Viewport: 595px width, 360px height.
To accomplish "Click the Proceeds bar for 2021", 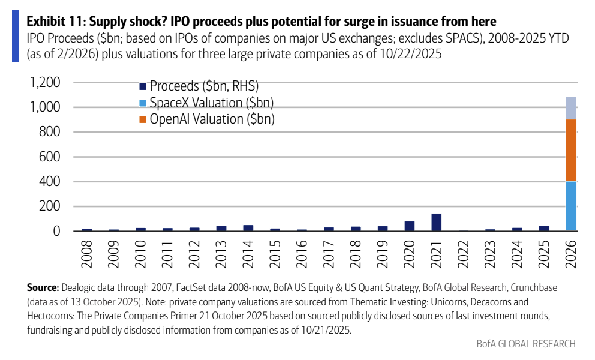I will pyautogui.click(x=436, y=223).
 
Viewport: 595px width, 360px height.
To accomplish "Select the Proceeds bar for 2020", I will pyautogui.click(x=409, y=226).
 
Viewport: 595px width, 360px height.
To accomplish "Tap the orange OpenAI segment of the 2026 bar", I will pyautogui.click(x=570, y=150).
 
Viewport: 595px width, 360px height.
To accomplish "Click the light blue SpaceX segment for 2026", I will pyautogui.click(x=570, y=206).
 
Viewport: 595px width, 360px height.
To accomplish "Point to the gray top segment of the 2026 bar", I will pyautogui.click(x=570, y=108).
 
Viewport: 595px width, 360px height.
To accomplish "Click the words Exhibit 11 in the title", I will pyautogui.click(x=53, y=22).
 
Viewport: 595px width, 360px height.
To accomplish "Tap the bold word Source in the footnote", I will pyautogui.click(x=42, y=287).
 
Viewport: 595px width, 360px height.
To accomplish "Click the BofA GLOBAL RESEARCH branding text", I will pyautogui.click(x=525, y=344).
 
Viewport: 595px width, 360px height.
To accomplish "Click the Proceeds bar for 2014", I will pyautogui.click(x=248, y=228).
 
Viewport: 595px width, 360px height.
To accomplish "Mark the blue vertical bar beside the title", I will pyautogui.click(x=16, y=36).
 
